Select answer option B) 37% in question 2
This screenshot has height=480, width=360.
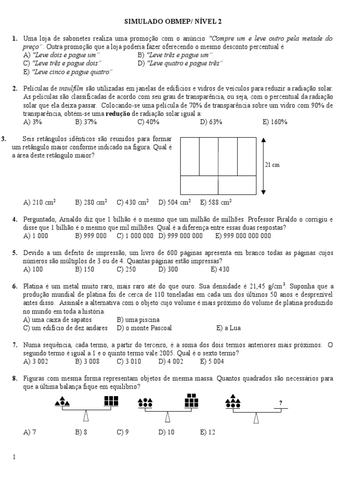(86, 122)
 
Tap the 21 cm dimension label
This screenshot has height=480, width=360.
(272, 165)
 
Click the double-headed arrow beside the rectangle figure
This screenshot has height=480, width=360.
(263, 166)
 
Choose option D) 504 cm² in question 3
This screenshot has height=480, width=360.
(174, 202)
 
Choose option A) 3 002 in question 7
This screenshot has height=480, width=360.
(36, 361)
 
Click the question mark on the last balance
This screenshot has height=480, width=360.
(280, 403)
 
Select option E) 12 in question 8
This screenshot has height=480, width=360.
(207, 433)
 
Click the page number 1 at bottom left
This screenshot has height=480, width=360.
(15, 456)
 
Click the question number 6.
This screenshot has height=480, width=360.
(15, 286)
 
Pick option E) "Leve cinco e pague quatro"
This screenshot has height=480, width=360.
(68, 72)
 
